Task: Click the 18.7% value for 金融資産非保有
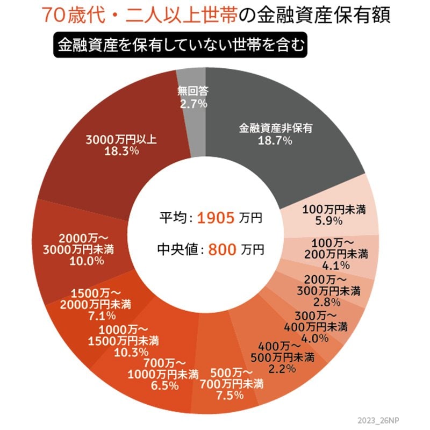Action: point(274,141)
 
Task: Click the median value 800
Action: point(220,249)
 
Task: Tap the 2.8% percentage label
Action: point(329,301)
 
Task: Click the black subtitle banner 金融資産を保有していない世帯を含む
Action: point(180,46)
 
